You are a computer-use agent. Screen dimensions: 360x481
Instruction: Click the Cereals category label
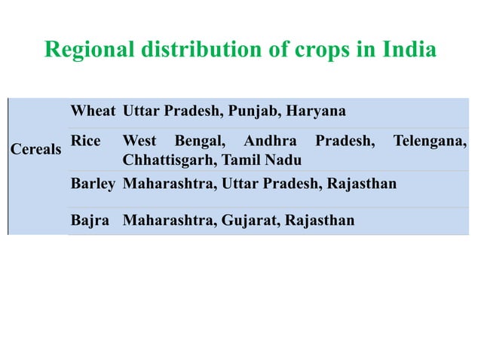35,149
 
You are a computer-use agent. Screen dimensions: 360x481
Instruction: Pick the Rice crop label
85,140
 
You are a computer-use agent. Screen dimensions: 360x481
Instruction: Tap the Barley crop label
93,184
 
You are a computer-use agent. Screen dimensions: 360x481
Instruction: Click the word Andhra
270,140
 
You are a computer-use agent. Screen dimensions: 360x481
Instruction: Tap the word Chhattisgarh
167,160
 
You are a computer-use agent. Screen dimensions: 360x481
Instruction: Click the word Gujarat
251,221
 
